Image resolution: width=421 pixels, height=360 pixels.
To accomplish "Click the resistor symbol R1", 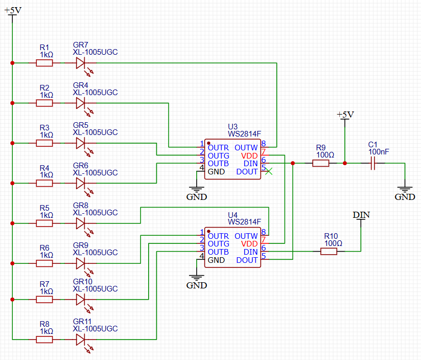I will pyautogui.click(x=44, y=63).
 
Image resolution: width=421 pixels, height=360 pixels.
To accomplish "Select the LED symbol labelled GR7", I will pyautogui.click(x=81, y=63).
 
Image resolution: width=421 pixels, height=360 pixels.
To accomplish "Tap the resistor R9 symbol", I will pyautogui.click(x=321, y=163).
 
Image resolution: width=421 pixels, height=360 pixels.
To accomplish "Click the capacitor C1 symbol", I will pyautogui.click(x=373, y=163).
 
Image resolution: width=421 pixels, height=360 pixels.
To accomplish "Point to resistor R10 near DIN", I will pyautogui.click(x=329, y=251).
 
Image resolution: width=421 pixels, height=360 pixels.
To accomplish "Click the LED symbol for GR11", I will pyautogui.click(x=81, y=339).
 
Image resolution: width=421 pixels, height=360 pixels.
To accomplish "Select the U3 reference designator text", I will pyautogui.click(x=233, y=127).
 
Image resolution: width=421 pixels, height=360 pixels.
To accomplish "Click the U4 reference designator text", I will pyautogui.click(x=233, y=215).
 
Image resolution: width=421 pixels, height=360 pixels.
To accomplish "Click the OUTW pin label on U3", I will pyautogui.click(x=246, y=147).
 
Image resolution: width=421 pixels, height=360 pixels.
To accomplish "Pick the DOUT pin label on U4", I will pyautogui.click(x=247, y=260).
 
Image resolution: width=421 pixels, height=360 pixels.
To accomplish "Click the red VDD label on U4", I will pyautogui.click(x=250, y=244).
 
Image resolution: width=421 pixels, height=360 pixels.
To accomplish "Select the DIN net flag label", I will pyautogui.click(x=361, y=215).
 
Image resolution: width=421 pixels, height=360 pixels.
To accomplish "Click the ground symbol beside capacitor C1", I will pyautogui.click(x=405, y=191).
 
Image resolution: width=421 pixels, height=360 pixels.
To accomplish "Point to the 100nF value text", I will pyautogui.click(x=379, y=152).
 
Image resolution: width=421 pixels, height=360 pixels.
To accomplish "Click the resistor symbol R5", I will pyautogui.click(x=44, y=223).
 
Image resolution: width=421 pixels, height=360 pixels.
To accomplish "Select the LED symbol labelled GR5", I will pyautogui.click(x=81, y=143).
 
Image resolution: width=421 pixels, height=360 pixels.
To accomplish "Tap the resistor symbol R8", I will pyautogui.click(x=44, y=339).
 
